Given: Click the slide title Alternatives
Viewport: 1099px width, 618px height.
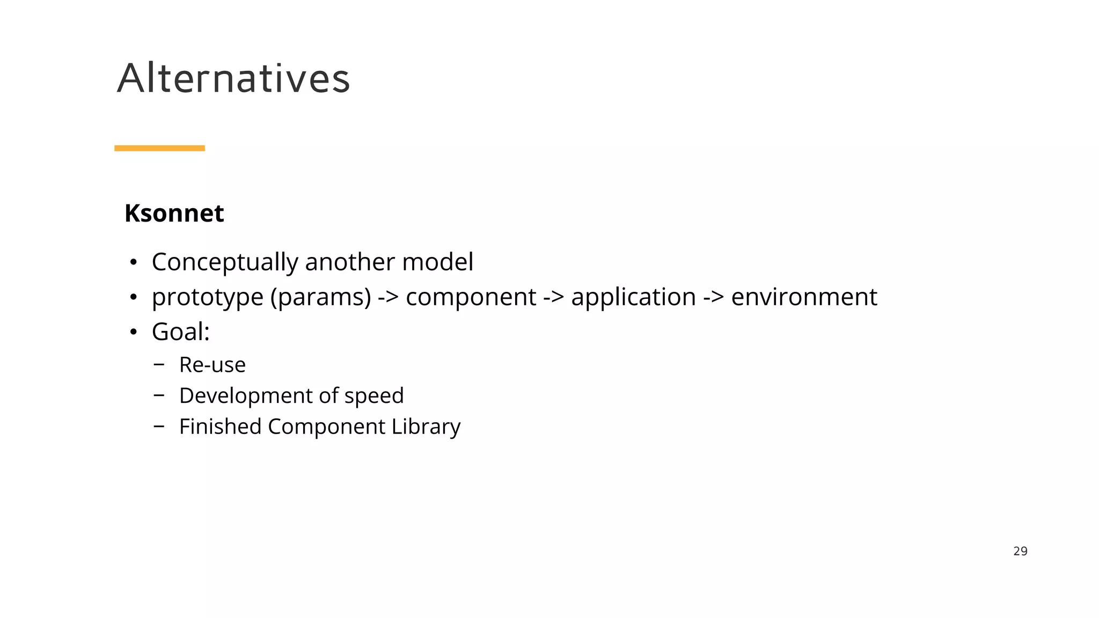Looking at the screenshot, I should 233,78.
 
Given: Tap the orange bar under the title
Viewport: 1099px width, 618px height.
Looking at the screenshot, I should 159,148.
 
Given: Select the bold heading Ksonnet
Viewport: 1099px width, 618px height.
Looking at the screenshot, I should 174,214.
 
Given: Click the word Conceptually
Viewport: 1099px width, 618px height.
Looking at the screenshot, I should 225,262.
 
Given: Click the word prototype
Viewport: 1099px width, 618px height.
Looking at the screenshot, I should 207,297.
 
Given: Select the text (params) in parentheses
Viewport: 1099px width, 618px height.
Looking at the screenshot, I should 320,297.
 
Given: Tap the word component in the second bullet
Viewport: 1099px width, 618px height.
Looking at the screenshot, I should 471,297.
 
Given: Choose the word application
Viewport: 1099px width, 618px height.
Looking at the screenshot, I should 633,297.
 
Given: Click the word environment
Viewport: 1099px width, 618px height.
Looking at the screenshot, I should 804,297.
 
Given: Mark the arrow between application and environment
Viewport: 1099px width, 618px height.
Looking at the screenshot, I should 713,297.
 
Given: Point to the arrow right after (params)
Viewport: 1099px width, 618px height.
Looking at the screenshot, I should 388,297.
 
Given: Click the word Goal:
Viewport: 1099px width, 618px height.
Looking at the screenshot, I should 180,332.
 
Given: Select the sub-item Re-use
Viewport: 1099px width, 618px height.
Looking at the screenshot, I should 212,365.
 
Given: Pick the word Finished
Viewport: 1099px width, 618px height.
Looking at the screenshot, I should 220,427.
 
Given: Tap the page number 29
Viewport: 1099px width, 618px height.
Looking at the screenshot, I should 1020,551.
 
